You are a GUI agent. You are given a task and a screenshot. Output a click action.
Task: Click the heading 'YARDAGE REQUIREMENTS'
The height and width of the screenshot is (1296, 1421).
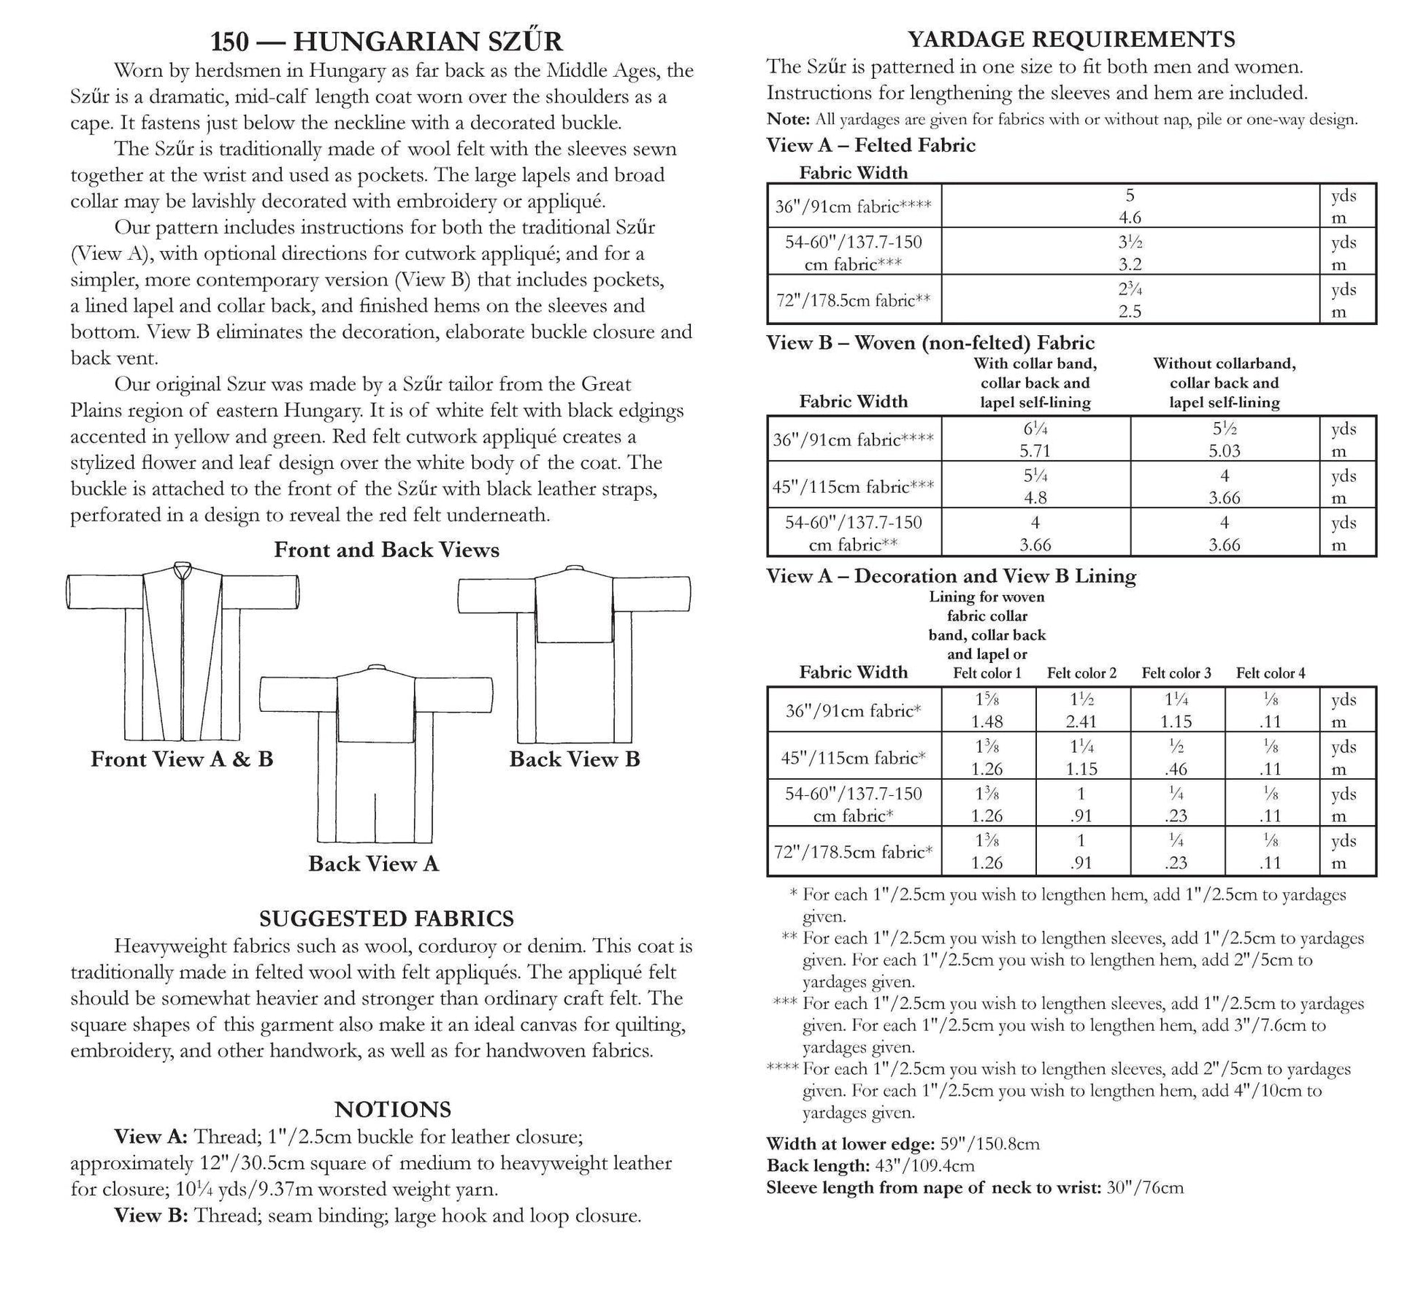click(x=1070, y=39)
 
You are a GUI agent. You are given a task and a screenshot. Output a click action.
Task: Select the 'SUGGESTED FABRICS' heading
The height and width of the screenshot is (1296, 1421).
click(x=386, y=918)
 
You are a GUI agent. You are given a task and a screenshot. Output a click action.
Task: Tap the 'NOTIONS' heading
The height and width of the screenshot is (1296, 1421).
click(x=392, y=1109)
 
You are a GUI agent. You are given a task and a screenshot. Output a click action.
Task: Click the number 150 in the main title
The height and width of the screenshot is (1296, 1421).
click(x=229, y=42)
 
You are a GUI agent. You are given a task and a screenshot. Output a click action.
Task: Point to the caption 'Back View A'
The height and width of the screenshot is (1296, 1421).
click(x=373, y=864)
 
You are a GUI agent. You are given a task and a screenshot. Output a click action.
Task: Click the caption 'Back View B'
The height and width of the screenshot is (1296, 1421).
click(x=574, y=759)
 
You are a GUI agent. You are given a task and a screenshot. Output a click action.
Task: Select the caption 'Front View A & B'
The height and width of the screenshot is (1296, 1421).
click(x=182, y=759)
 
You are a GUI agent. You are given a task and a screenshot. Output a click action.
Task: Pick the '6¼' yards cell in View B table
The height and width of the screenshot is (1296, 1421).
click(x=1035, y=429)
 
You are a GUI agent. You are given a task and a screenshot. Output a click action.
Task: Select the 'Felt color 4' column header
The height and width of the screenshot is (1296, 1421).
click(x=1270, y=673)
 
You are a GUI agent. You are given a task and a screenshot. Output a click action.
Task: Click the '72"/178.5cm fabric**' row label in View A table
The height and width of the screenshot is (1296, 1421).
click(x=853, y=300)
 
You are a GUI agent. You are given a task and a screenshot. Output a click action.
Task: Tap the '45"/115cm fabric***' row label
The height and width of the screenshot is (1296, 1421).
click(x=853, y=486)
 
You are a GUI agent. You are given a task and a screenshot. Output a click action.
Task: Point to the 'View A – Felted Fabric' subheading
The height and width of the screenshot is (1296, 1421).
click(x=870, y=145)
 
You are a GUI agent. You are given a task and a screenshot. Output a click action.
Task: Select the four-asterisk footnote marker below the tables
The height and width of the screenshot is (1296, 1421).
click(x=782, y=1069)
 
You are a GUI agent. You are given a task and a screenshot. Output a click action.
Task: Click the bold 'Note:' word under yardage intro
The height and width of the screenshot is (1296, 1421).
click(x=787, y=120)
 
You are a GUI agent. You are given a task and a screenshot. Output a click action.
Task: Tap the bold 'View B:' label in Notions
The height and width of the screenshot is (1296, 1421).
click(x=151, y=1215)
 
